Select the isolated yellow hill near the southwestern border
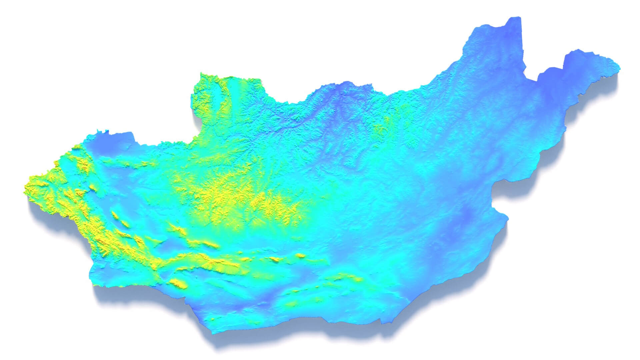coord(178,283)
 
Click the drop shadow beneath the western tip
coord(37,213)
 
